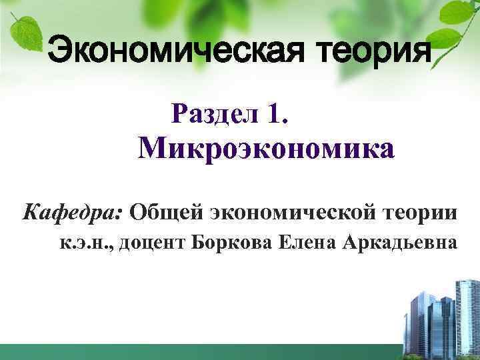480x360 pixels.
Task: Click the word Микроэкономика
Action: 266,149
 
